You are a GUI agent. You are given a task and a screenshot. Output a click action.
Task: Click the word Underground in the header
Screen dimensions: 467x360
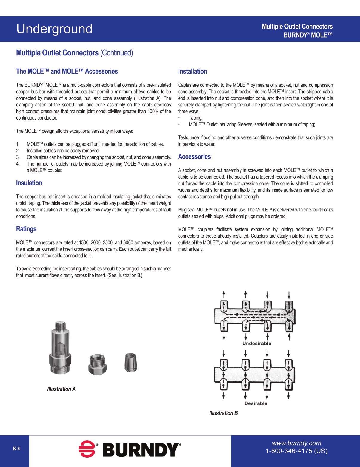pyautogui.click(x=54, y=29)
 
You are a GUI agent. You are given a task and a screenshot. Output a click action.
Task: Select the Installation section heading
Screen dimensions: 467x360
pyautogui.click(x=193, y=72)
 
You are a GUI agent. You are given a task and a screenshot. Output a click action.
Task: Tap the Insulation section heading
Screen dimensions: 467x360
pyautogui.click(x=29, y=183)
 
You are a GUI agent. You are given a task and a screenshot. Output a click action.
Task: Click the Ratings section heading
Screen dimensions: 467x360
pyautogui.click(x=26, y=229)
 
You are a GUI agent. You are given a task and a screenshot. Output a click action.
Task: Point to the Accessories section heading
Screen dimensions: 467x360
pyautogui.click(x=194, y=157)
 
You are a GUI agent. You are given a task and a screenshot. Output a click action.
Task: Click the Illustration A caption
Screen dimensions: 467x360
pyautogui.click(x=61, y=389)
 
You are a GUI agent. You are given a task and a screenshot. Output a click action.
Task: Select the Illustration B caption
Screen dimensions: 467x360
pyautogui.click(x=223, y=413)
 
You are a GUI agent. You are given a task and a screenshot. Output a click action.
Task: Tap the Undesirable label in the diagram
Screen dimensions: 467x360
pyautogui.click(x=257, y=344)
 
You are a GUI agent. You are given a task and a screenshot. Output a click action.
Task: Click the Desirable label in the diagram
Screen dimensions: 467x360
pyautogui.click(x=256, y=403)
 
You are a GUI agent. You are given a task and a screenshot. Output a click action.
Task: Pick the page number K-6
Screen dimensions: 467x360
pyautogui.click(x=16, y=449)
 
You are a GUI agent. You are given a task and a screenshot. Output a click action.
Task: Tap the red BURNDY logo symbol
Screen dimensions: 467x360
pyautogui.click(x=87, y=449)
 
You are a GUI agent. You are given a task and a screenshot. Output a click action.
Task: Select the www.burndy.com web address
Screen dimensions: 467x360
pyautogui.click(x=296, y=443)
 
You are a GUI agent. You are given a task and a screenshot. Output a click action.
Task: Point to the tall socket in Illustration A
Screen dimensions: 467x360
pyautogui.click(x=60, y=349)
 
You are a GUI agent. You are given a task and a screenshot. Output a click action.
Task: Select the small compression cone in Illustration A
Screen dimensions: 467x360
pyautogui.click(x=130, y=362)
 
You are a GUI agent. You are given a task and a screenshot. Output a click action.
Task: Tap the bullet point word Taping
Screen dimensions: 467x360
pyautogui.click(x=196, y=118)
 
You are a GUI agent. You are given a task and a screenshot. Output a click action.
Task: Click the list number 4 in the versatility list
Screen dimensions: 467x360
pyautogui.click(x=18, y=164)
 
